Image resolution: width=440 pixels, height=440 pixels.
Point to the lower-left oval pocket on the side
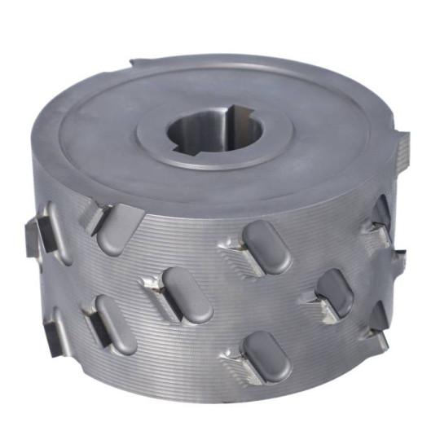[x=115, y=323]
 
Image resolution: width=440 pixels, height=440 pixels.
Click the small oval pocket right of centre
[x=334, y=292]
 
